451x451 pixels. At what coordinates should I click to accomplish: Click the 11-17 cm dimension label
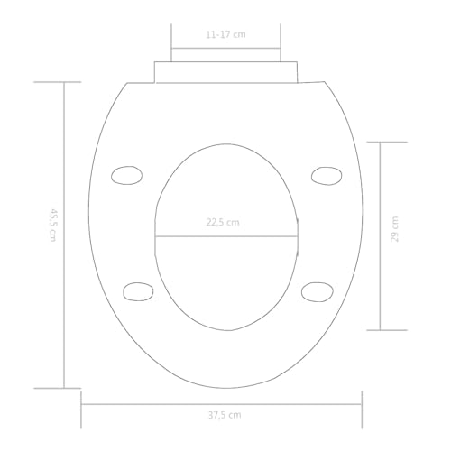point(225,33)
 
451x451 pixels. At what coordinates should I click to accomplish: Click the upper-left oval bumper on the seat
point(126,175)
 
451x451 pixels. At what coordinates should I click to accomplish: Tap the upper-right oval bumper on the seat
point(324,175)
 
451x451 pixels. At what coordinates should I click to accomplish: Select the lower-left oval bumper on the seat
point(135,290)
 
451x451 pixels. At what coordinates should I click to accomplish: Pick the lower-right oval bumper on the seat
point(316,290)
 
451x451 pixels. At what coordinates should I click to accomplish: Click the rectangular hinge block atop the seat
point(225,71)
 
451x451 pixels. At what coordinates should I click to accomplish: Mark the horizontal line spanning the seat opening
point(225,236)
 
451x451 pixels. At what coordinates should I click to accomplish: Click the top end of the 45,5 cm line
point(63,82)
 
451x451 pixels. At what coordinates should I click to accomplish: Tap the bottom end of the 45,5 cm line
point(63,387)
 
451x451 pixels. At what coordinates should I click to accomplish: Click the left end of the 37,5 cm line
point(82,402)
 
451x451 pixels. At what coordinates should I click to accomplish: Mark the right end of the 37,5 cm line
point(362,402)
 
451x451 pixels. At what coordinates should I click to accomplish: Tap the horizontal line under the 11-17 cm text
point(226,46)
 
